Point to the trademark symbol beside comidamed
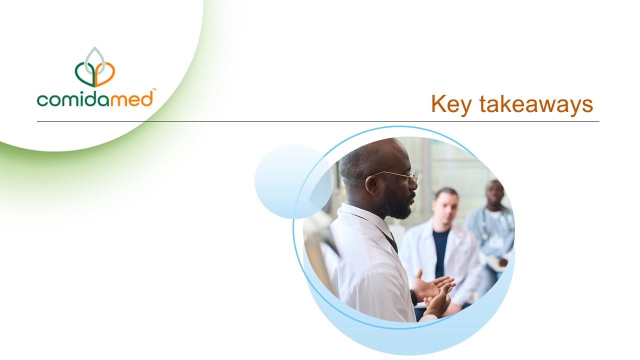pos(154,90)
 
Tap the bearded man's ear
pos(372,184)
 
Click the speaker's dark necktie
pos(392,242)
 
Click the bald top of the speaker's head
pos(370,150)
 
